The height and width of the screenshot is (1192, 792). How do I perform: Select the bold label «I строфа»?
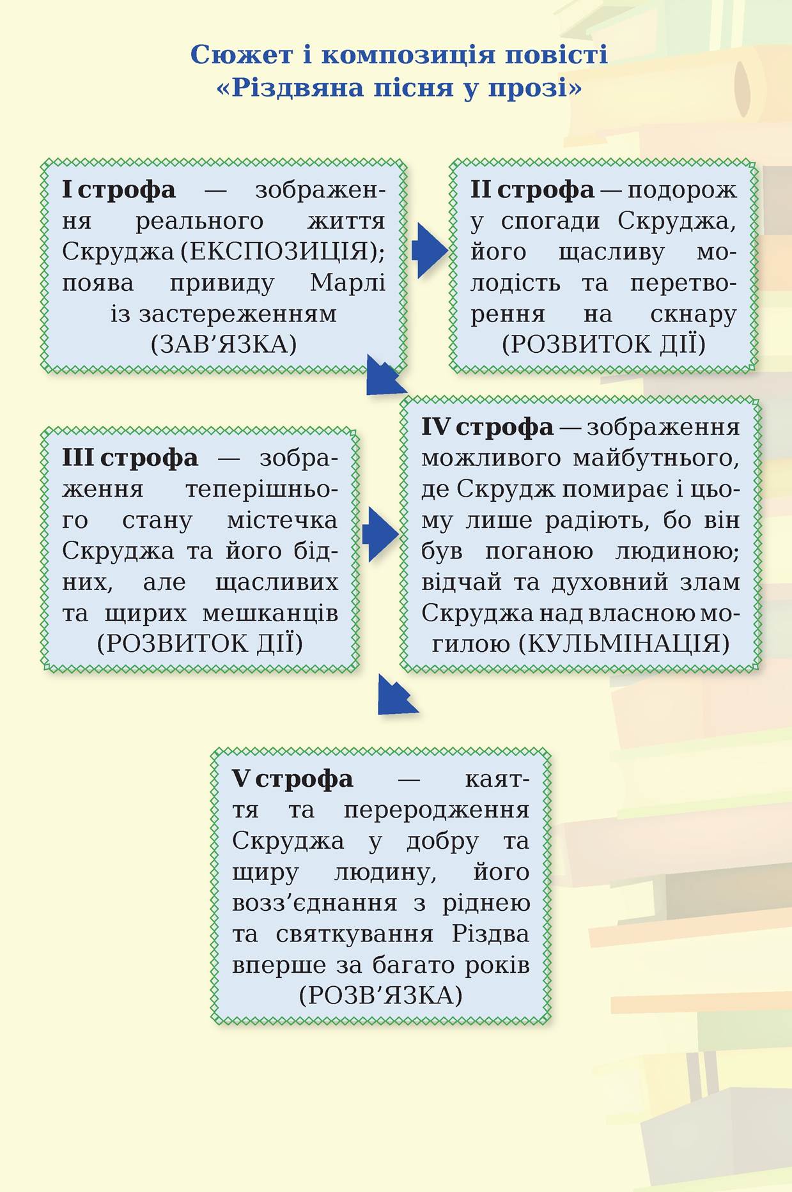(x=118, y=190)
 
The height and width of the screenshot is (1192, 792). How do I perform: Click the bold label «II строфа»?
(x=532, y=190)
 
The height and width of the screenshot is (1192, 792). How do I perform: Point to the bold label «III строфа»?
(x=130, y=458)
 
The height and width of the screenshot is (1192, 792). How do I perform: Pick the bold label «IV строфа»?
(x=487, y=427)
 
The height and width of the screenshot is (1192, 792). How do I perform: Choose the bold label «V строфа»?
(x=292, y=778)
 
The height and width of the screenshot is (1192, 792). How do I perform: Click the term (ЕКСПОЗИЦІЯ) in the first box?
(x=283, y=252)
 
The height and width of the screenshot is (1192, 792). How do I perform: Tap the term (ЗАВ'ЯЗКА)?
(x=224, y=344)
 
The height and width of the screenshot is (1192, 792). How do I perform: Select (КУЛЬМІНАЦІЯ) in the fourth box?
(x=623, y=643)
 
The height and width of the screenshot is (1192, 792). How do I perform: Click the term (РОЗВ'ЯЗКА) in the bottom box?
(x=380, y=995)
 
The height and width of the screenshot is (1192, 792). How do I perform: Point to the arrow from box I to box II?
(x=430, y=251)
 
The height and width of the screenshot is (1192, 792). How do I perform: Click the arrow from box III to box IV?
(x=380, y=534)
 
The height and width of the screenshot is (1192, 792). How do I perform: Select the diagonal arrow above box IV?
(x=385, y=375)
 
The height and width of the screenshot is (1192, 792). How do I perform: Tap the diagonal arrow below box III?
(x=396, y=694)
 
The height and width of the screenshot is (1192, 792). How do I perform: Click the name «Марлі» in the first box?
(x=348, y=283)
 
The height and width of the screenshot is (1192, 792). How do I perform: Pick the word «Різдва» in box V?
(x=491, y=934)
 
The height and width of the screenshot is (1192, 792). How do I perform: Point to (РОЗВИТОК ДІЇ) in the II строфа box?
(x=604, y=344)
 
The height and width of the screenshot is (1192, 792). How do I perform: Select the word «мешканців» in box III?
(x=270, y=614)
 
